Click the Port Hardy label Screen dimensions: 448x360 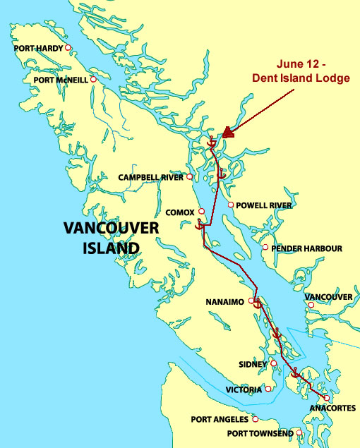tap(39, 49)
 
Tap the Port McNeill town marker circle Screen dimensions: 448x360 tap(93, 80)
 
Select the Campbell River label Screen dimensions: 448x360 tap(150, 177)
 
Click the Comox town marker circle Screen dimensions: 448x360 tap(201, 211)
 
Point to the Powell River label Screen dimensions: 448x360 tap(263, 205)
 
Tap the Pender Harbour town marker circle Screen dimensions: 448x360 tap(265, 248)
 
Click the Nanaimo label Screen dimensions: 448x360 tap(224, 302)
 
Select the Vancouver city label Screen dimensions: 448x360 tap(328, 297)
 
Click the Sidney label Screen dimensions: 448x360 tap(253, 365)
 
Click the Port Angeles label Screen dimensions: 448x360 tap(220, 419)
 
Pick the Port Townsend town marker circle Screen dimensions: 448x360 tap(299, 432)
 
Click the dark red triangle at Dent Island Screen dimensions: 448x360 tap(227, 132)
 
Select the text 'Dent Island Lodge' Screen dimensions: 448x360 tap(302, 78)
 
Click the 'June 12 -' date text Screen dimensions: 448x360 tap(301, 64)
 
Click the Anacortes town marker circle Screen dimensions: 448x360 tap(327, 398)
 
